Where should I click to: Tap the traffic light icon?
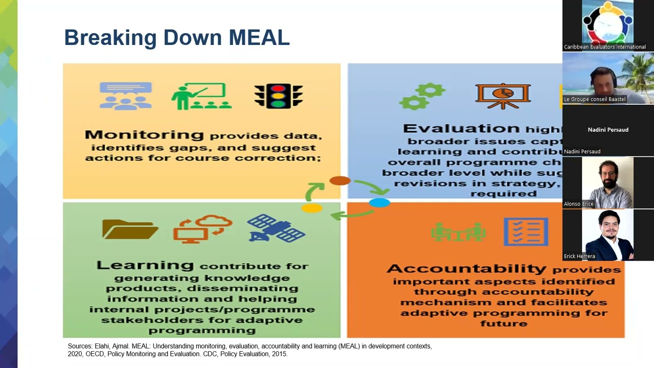pos(278,96)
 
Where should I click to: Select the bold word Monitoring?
pos(144,135)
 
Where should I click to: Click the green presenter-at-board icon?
pos(201,96)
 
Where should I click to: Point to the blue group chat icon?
pos(126,96)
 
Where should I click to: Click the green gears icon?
pos(422,96)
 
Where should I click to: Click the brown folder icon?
pos(130,229)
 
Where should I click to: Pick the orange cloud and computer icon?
pos(202,228)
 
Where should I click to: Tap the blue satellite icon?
pos(276,228)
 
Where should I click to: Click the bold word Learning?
pos(145,265)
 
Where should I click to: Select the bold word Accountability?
pos(466,269)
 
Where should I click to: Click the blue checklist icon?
pos(526,232)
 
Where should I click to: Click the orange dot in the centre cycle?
pos(340,180)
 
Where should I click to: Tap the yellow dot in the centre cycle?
pos(312,208)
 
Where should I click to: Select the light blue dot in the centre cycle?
pos(379,203)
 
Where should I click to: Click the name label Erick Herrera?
pos(579,256)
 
